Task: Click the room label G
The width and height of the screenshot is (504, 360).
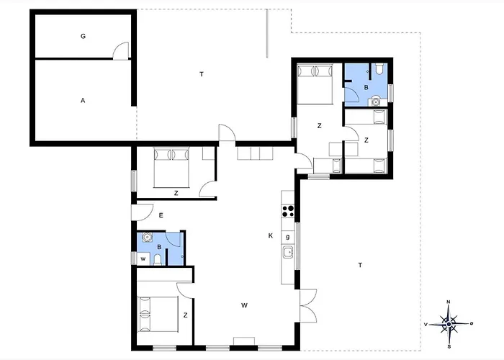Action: click(83, 36)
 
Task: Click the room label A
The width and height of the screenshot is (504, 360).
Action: click(83, 101)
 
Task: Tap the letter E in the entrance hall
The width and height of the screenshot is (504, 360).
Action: click(161, 215)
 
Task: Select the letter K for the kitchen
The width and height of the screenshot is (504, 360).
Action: click(271, 235)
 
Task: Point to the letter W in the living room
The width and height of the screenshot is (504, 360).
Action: click(244, 305)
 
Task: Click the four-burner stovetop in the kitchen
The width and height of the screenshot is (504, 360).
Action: click(288, 212)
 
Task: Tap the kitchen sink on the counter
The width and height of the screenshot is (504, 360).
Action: click(288, 252)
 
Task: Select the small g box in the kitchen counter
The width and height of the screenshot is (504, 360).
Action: click(288, 237)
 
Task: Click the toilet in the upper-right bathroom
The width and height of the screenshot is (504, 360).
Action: click(379, 68)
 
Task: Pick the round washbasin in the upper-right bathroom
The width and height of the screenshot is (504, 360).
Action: click(375, 102)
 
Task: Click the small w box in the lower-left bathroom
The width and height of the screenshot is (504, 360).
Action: click(143, 258)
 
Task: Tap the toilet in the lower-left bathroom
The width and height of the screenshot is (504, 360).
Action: click(158, 260)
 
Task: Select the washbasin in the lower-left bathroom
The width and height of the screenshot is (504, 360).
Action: click(147, 237)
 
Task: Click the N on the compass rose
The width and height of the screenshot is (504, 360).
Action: click(449, 302)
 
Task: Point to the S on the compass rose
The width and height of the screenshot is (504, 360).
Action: click(449, 346)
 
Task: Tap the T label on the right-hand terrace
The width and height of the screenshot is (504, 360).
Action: click(360, 265)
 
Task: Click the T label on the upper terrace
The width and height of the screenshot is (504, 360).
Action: click(202, 75)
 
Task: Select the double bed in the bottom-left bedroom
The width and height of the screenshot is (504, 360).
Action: click(158, 315)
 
